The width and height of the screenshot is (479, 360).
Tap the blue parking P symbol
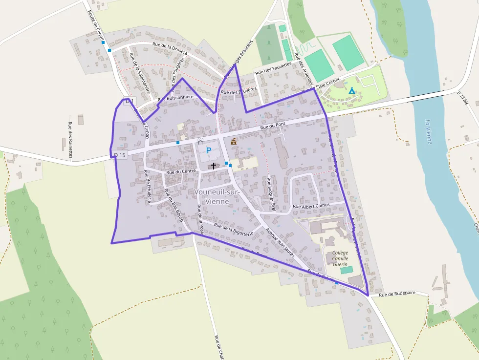coord(209,150)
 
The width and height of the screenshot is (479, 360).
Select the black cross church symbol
coord(213,166)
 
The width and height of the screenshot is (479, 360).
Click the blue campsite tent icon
coord(351,90)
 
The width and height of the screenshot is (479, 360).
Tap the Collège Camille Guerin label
coord(340,258)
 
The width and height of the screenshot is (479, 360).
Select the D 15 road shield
coord(120,155)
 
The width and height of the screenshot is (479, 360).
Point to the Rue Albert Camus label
coord(311,206)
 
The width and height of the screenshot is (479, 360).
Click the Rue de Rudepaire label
coord(397,294)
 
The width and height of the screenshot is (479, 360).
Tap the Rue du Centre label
coord(181,171)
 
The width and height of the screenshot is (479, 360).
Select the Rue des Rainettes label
coord(71,140)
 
